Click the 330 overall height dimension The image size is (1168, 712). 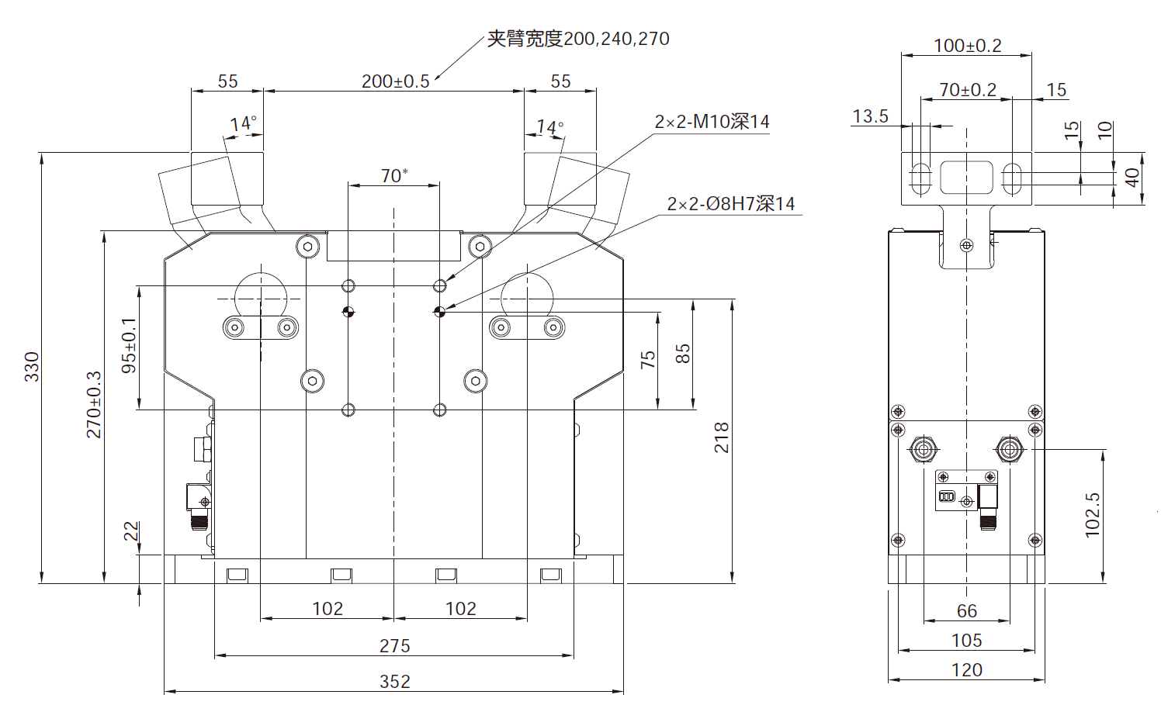click(31, 367)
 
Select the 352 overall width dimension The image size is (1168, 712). click(394, 681)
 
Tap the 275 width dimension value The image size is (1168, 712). click(394, 645)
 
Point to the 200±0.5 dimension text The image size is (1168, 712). click(395, 81)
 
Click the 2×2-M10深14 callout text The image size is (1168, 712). click(712, 122)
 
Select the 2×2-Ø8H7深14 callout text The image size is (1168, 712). click(730, 204)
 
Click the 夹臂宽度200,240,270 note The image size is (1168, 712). click(577, 39)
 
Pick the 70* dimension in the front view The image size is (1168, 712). click(393, 176)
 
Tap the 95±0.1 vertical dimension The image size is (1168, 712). click(129, 345)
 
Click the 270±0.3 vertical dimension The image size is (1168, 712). click(94, 404)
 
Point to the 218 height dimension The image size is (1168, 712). click(722, 437)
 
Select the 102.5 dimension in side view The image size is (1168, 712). click(1092, 515)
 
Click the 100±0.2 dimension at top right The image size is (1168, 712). click(967, 46)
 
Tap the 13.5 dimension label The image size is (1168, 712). click(870, 116)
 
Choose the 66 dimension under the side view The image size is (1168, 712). click(966, 611)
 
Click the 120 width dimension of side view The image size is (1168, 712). click(966, 670)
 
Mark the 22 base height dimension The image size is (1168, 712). click(131, 531)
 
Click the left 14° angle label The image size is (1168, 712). click(242, 124)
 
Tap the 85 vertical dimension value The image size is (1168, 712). click(682, 354)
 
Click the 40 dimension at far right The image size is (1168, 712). click(1132, 178)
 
